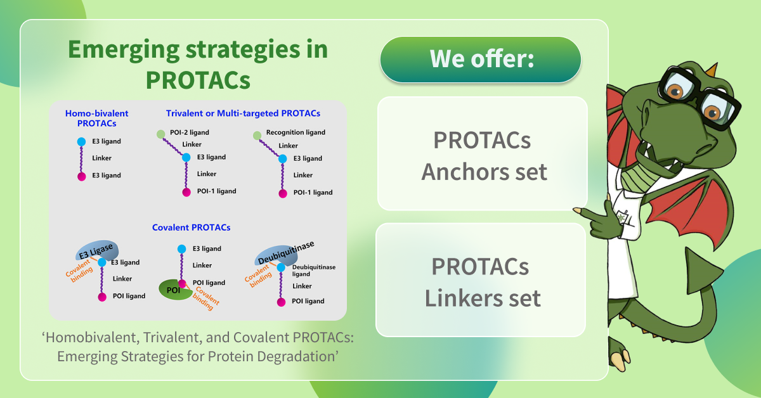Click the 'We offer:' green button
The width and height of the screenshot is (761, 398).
pyautogui.click(x=480, y=60)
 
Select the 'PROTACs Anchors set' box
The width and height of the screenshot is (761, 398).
pyautogui.click(x=482, y=155)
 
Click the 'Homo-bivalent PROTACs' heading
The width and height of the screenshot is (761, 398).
pyautogui.click(x=96, y=118)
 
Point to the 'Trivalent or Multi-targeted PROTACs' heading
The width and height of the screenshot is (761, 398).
pyautogui.click(x=243, y=113)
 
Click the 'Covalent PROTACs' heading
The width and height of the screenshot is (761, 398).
pyautogui.click(x=191, y=227)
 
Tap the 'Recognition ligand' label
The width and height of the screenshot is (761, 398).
pyautogui.click(x=296, y=132)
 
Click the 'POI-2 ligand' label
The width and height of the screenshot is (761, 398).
pyautogui.click(x=189, y=132)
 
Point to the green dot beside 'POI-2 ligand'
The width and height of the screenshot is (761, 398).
pyautogui.click(x=161, y=134)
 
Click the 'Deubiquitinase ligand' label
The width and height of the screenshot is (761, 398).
pyautogui.click(x=313, y=271)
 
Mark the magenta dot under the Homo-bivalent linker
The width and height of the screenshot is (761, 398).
pyautogui.click(x=81, y=176)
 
